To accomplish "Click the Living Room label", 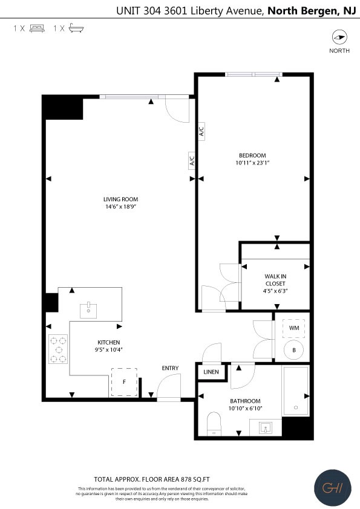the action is point(120,199).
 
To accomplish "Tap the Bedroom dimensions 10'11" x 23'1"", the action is point(252,163).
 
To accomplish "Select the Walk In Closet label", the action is point(275,280).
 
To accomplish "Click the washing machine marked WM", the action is point(294,328).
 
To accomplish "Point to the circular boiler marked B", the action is point(294,350).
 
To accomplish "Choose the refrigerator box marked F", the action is point(124,382).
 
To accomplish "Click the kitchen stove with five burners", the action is point(58,349).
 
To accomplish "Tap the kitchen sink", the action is point(88,311).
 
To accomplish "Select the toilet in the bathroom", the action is point(214,424).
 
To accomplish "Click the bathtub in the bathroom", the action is point(295,391).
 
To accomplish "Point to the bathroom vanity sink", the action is point(266,428).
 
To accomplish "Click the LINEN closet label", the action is point(211,372).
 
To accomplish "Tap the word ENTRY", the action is point(170,368).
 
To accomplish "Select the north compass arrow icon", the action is point(339,37).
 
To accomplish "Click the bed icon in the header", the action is point(37,28).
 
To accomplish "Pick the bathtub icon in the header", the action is point(76,28).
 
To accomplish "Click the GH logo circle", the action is point(333,488).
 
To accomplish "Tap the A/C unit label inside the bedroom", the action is point(201,131).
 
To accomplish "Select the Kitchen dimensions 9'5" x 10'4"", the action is point(106,349).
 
